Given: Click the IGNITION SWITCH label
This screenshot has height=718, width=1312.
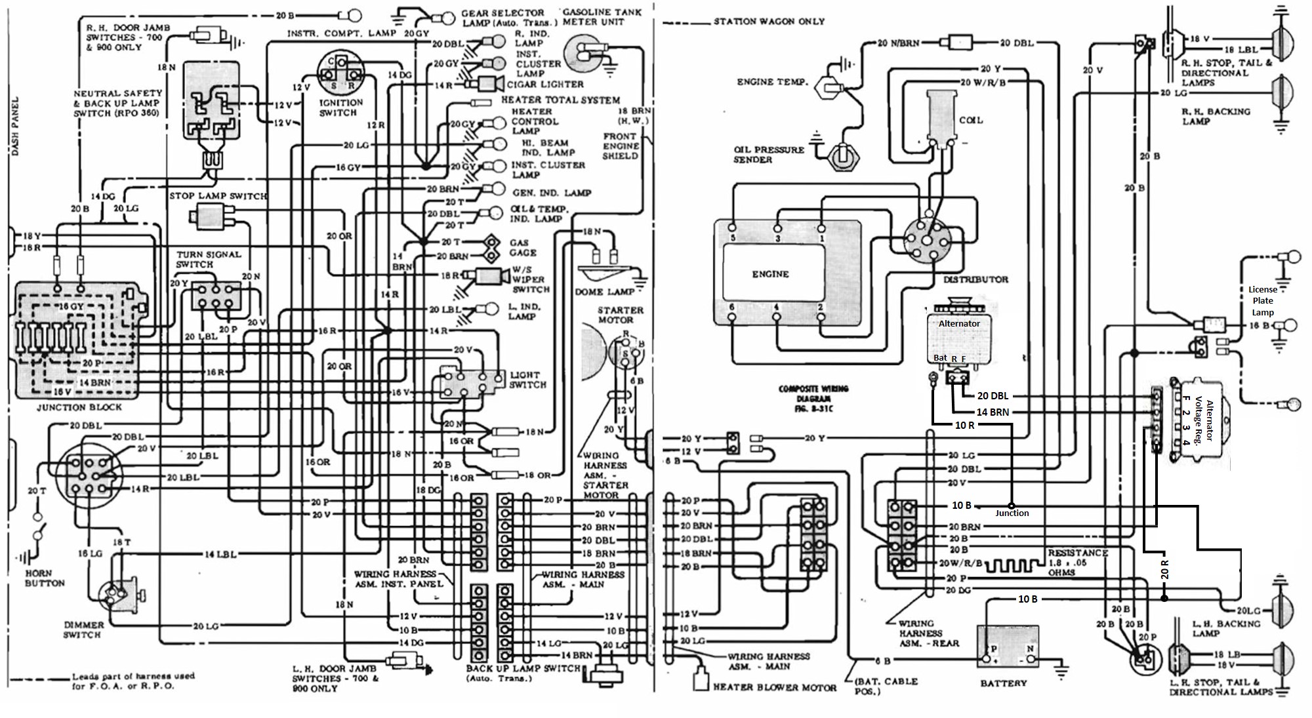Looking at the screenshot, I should (x=341, y=108).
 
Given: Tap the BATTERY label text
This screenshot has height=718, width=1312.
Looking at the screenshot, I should (x=1003, y=683).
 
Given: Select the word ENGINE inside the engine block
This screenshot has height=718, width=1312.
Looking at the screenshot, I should (x=770, y=274).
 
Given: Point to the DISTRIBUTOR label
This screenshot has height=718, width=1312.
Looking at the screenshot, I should (x=975, y=279).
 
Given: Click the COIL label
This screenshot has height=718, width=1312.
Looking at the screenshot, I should (x=971, y=121).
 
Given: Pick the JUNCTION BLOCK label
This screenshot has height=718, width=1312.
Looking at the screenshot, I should (x=79, y=407).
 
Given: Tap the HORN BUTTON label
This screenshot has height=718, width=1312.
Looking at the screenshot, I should (x=45, y=578).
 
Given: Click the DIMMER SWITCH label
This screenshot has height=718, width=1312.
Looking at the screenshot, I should (x=83, y=629).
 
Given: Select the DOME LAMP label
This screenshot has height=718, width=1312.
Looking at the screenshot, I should (x=605, y=292).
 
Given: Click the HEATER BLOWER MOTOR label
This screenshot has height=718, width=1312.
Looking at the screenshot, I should (x=774, y=687).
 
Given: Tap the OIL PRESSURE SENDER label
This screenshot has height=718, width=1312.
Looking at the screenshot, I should (x=768, y=154).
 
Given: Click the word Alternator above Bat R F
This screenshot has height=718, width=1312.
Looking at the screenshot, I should (x=958, y=323).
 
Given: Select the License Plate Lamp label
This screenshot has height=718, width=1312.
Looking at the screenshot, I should (x=1262, y=301).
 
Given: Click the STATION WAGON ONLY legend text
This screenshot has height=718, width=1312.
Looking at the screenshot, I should (x=769, y=22).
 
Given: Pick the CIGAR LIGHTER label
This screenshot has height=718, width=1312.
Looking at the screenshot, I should (x=544, y=85).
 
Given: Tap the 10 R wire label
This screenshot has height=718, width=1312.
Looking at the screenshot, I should (x=964, y=425).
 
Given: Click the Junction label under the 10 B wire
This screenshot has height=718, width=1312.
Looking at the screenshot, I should (x=1012, y=513).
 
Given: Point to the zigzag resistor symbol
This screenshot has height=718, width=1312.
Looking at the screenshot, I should (x=1013, y=565).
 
